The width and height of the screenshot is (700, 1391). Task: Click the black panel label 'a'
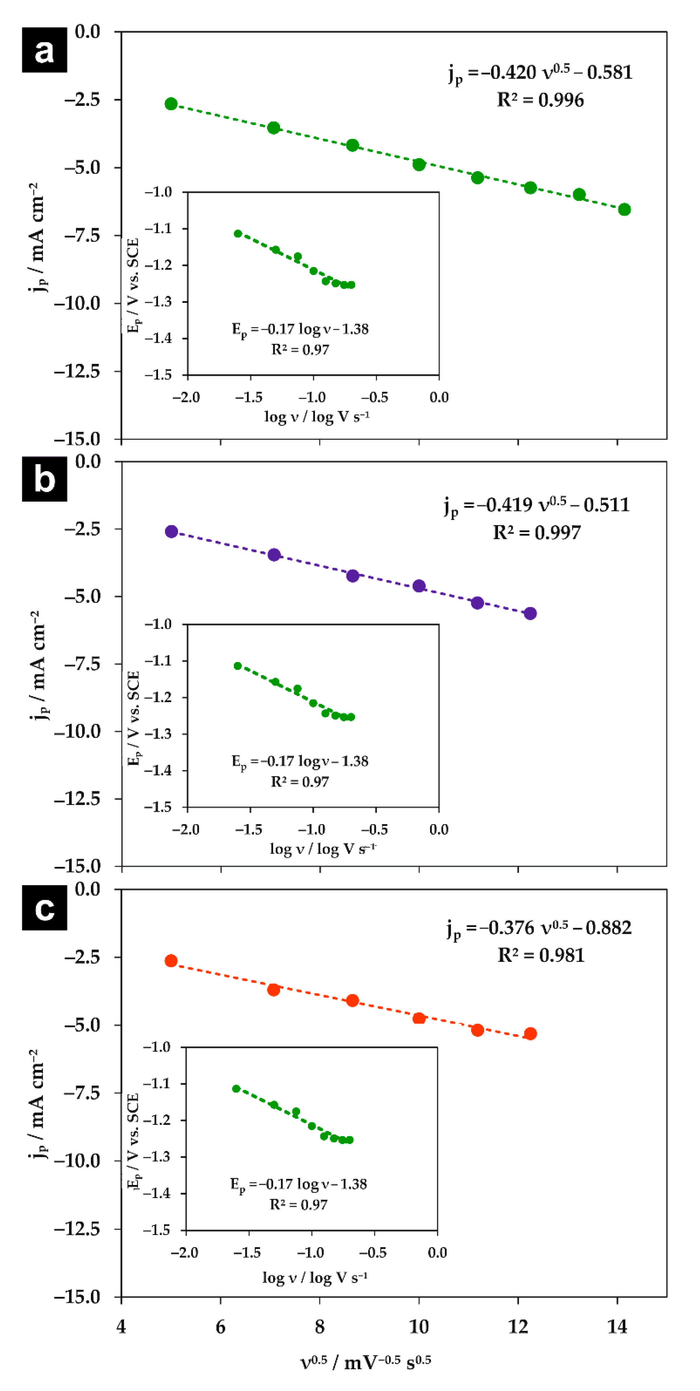(44, 50)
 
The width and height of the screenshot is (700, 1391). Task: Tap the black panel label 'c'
(44, 907)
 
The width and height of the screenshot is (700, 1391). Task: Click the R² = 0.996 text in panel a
(540, 100)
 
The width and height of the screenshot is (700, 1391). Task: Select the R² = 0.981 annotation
(541, 955)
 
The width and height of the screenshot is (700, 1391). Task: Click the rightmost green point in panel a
(624, 209)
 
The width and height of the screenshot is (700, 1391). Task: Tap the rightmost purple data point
(530, 613)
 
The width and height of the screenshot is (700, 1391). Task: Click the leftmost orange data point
(171, 960)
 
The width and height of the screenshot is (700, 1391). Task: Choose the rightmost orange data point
(530, 1033)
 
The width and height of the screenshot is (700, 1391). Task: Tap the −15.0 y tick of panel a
(77, 439)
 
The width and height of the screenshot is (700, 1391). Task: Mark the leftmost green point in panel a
(171, 104)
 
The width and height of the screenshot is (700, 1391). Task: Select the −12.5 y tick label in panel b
(77, 799)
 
